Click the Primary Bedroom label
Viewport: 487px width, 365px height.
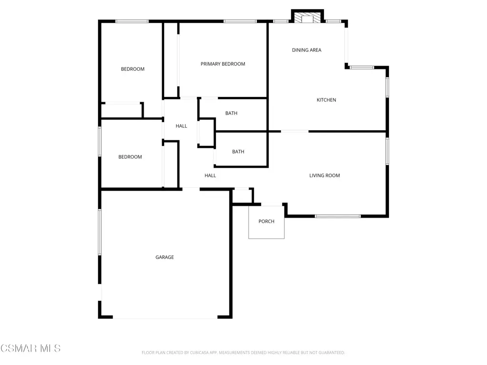[223, 64]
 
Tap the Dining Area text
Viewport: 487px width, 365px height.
[307, 50]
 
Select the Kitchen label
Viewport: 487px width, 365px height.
[326, 100]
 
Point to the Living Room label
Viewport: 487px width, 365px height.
[324, 175]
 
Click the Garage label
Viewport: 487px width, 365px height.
[165, 257]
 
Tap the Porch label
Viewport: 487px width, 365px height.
[266, 221]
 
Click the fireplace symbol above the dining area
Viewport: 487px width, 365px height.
[308, 18]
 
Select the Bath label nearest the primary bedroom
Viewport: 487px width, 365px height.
[231, 113]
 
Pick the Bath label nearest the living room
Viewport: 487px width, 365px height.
[238, 152]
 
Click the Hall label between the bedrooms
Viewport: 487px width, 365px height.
[181, 126]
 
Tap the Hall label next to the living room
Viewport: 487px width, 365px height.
[210, 175]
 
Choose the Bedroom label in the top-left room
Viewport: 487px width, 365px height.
[133, 69]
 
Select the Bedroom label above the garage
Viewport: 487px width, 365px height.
[130, 157]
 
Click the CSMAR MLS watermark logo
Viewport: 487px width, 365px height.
[30, 348]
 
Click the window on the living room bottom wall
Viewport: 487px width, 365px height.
[338, 216]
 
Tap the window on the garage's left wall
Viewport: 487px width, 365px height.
[100, 232]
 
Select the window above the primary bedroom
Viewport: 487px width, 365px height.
[240, 21]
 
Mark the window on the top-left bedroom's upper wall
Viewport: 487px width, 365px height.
[132, 21]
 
